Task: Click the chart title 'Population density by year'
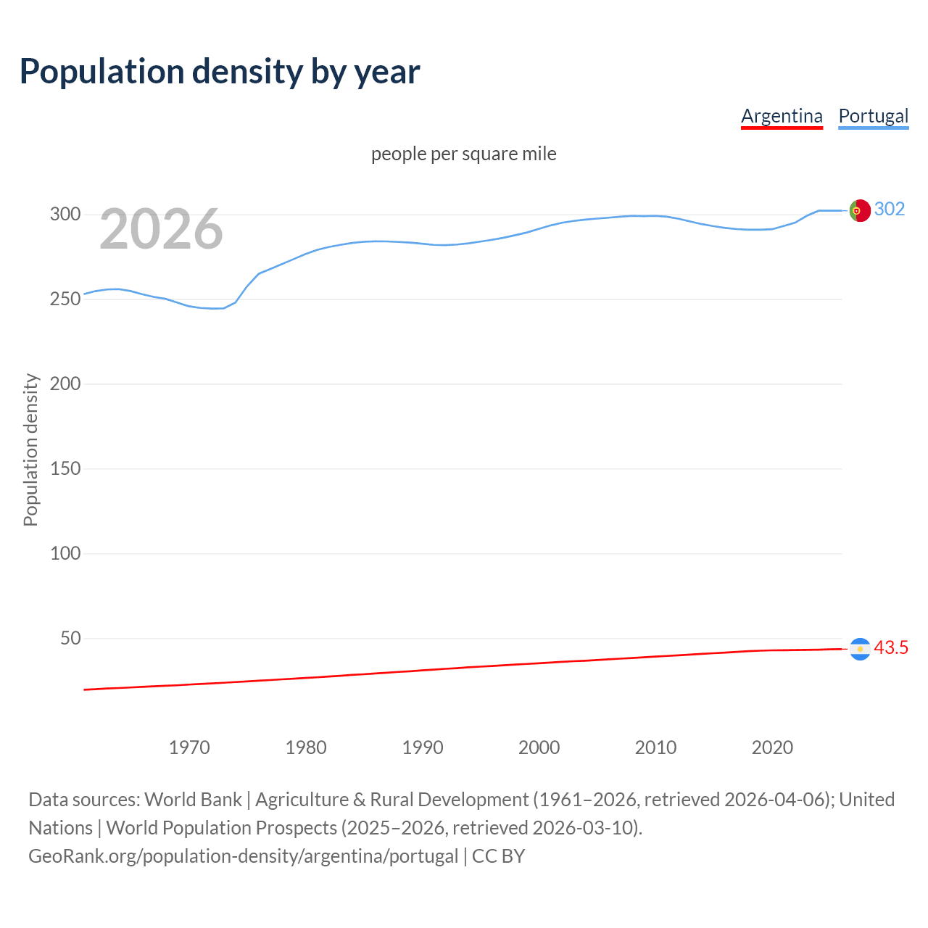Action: point(220,72)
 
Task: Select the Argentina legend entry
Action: point(782,116)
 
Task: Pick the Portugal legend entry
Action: point(873,116)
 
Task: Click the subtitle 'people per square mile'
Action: point(463,154)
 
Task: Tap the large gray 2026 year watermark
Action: point(161,229)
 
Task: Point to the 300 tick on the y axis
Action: point(65,214)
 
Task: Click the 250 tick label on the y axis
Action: point(65,299)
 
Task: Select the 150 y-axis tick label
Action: point(65,468)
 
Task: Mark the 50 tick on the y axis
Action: point(70,638)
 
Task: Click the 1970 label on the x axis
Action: point(189,747)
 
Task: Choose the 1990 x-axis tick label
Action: point(423,747)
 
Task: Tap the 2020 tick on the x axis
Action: point(772,747)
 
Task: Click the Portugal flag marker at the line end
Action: point(860,210)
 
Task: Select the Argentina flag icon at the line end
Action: point(860,649)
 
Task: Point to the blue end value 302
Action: point(890,209)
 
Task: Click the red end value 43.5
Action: point(891,647)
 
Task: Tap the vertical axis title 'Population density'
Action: point(30,449)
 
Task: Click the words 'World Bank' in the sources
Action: point(193,799)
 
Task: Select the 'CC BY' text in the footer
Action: point(498,855)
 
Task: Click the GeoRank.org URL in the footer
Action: point(243,855)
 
